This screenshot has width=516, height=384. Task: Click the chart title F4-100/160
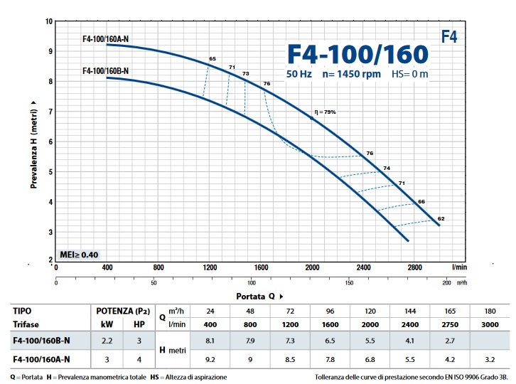click(358, 55)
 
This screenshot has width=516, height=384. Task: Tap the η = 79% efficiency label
click(325, 112)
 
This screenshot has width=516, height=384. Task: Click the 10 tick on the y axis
click(49, 21)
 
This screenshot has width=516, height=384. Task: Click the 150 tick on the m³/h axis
click(349, 283)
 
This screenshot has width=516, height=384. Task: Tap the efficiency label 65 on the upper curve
click(212, 58)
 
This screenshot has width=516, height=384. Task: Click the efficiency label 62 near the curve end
click(441, 218)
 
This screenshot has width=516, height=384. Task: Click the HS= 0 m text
click(411, 74)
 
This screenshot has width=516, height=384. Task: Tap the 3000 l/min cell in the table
click(490, 324)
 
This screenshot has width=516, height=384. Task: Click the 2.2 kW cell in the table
click(107, 341)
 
